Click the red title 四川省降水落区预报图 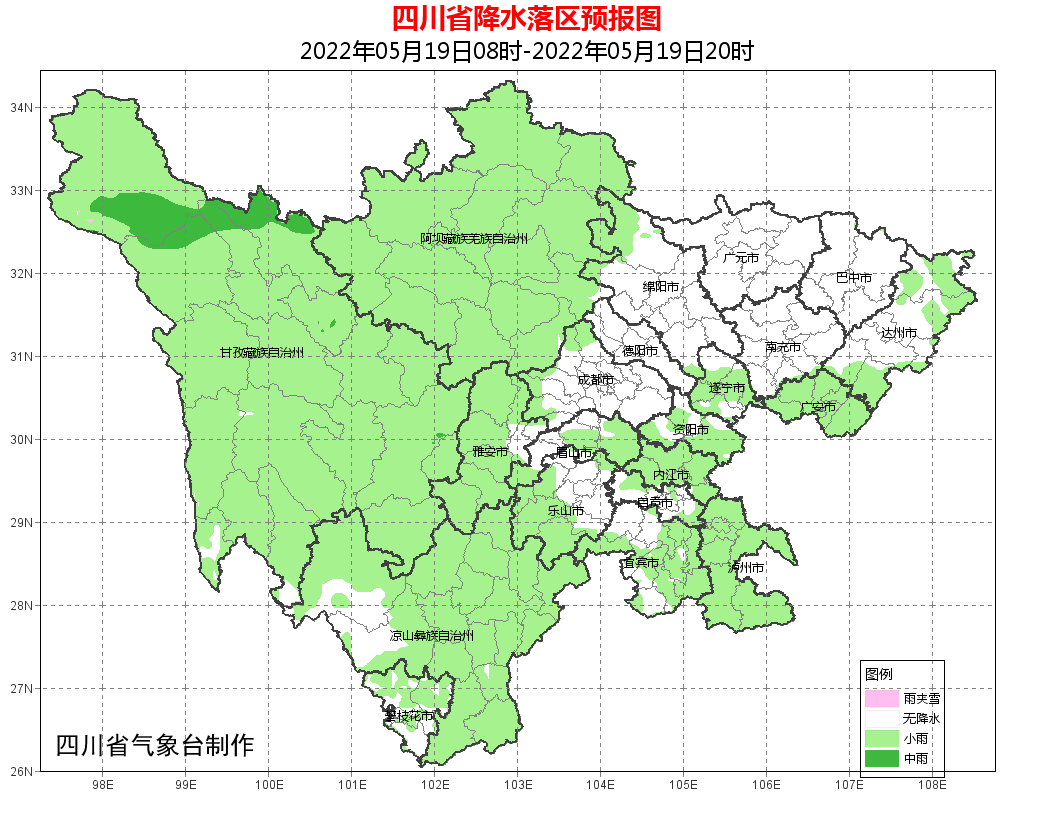tap(526, 19)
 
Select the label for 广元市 tap(741, 258)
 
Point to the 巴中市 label tap(854, 278)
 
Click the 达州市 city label tap(899, 332)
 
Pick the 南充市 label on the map tap(783, 348)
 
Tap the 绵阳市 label tap(661, 287)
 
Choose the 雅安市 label tap(490, 452)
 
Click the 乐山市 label tap(565, 510)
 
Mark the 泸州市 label tap(747, 567)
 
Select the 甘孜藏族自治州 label tap(261, 353)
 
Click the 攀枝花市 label tap(410, 716)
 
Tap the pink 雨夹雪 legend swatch tap(882, 698)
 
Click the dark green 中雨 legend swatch tap(882, 759)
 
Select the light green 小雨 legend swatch tap(882, 739)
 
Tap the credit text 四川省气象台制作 tap(155, 745)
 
